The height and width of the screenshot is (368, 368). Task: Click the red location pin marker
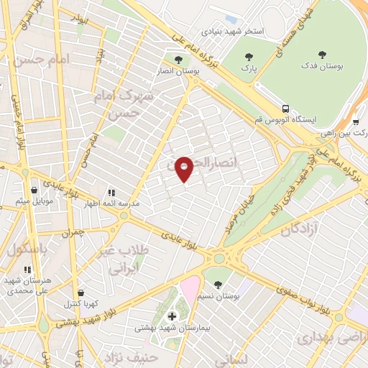[x=184, y=168]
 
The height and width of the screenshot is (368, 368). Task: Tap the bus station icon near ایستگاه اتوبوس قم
[x=285, y=108]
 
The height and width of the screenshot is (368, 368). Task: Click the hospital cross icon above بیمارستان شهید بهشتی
[x=172, y=316]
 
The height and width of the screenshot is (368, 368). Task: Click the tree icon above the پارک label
[x=249, y=57]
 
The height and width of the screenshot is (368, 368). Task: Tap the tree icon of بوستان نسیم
[x=218, y=285]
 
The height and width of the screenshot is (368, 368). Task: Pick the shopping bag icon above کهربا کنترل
[x=79, y=293]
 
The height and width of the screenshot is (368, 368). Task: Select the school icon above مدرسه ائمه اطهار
[x=111, y=193]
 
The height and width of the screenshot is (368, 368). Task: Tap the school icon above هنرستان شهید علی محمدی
[x=27, y=270]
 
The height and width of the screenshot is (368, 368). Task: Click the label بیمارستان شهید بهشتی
[x=172, y=328]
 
